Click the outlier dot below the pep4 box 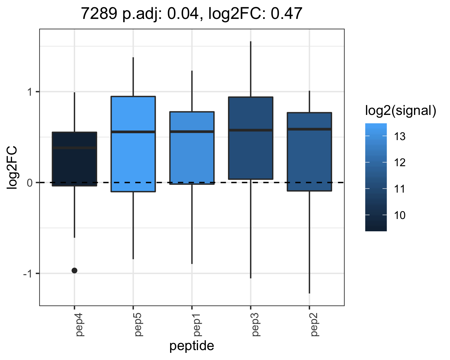(x=74, y=271)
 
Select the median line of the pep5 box (x=133, y=132)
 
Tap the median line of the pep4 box (x=74, y=148)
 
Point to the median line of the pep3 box (x=251, y=130)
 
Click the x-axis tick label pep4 (x=80, y=325)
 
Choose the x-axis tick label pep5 (x=138, y=325)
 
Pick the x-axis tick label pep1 (x=197, y=325)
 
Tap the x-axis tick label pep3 (x=256, y=325)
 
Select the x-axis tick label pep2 (x=315, y=325)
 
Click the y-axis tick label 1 (x=30, y=92)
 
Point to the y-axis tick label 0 (x=30, y=183)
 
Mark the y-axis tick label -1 (x=28, y=274)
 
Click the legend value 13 (x=400, y=136)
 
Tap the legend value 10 (x=400, y=215)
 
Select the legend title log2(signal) (x=401, y=110)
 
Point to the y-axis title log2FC (x=12, y=168)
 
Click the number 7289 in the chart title (x=99, y=13)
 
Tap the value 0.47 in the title (x=286, y=13)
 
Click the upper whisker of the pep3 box (x=251, y=69)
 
